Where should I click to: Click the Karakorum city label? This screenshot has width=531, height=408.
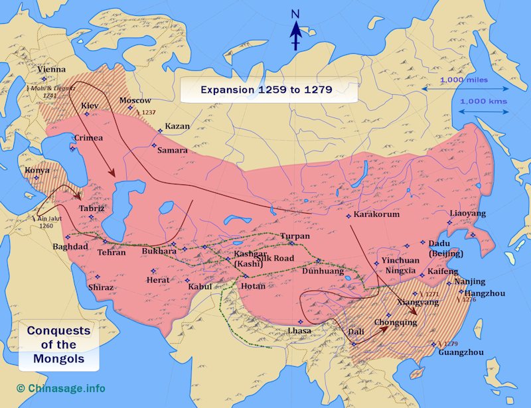pos(376,215)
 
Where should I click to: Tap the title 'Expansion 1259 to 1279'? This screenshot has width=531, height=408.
pos(266,89)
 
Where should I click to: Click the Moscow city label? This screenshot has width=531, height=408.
pos(135,100)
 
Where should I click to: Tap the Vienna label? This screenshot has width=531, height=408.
pos(52,69)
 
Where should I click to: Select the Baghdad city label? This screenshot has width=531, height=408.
pos(70,247)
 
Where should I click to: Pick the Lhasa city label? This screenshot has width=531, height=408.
pos(299,330)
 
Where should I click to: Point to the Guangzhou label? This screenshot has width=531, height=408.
pos(461,352)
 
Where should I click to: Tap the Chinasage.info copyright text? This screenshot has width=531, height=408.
pos(61,388)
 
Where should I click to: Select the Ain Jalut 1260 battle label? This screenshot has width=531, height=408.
pos(45,222)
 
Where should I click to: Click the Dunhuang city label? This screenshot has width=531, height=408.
pos(323,271)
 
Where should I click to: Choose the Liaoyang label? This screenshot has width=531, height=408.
pos(468,214)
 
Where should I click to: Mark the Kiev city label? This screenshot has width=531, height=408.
pos(90,105)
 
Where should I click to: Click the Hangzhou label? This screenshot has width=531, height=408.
pos(485,293)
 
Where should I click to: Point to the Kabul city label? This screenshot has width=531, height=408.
pos(200,287)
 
